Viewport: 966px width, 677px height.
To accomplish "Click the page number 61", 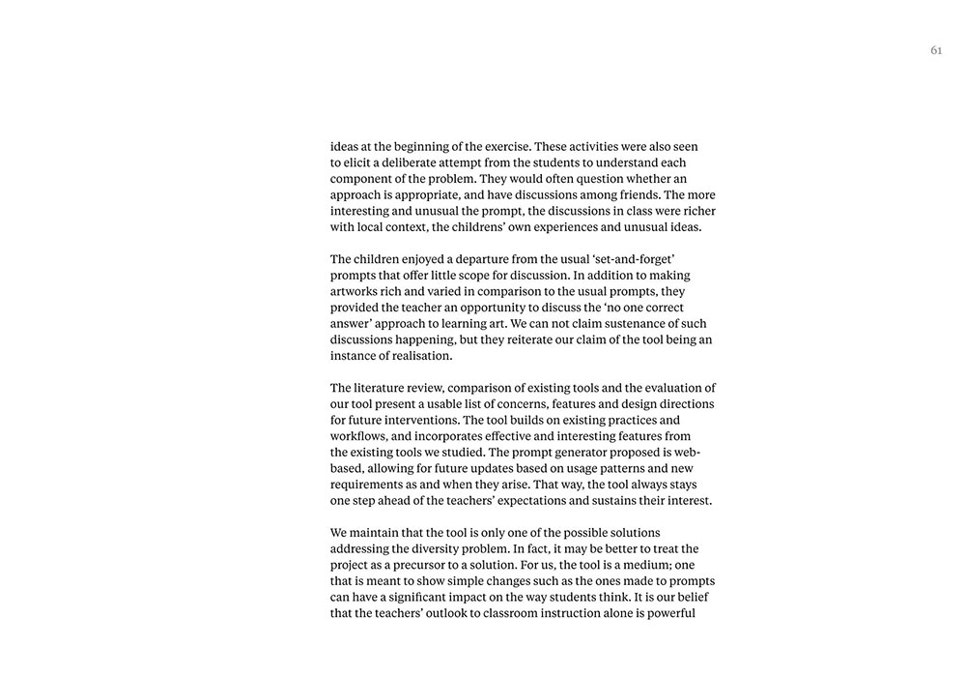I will (936, 50).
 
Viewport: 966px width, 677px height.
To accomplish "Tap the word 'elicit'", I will (360, 162).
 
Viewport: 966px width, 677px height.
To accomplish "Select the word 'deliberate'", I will (414, 162).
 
